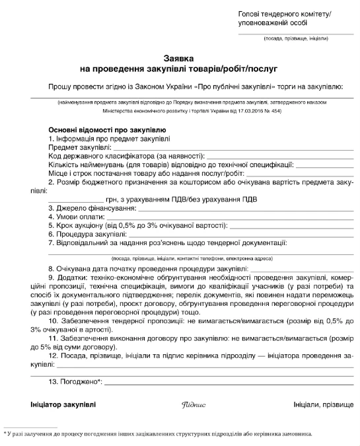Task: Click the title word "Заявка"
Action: pos(180,57)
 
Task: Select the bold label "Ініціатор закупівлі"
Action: pos(63,404)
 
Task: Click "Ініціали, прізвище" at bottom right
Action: pos(323,404)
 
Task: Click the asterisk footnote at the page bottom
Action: pos(159,433)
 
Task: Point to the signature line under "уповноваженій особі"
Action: pos(295,34)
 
